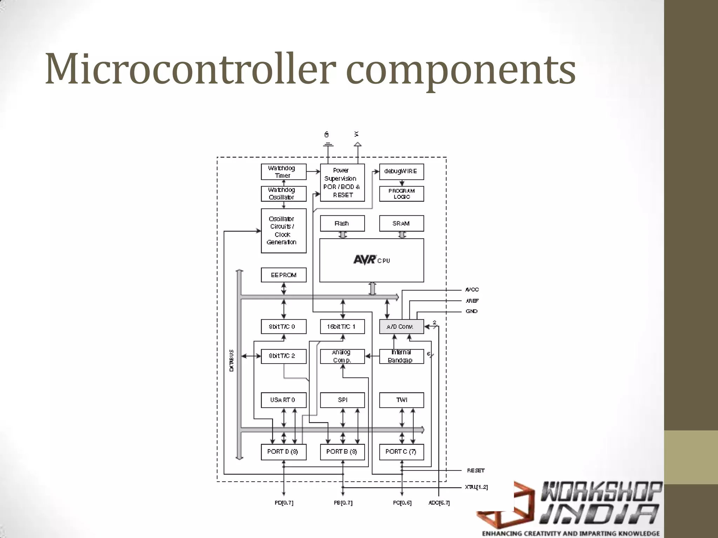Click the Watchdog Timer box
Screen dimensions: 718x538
[x=283, y=172]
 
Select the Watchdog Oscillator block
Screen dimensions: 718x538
[x=283, y=194]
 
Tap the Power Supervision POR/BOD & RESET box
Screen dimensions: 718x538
[x=342, y=182]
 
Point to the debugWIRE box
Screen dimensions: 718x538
[x=401, y=172]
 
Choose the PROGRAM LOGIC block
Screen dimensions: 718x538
[x=401, y=194]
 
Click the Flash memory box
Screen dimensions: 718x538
[x=342, y=223]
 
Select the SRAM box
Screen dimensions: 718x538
[x=401, y=223]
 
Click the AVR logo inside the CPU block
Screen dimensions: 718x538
[x=365, y=260]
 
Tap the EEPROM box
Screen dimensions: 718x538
[x=283, y=275]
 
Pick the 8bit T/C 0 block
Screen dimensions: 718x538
[x=283, y=326]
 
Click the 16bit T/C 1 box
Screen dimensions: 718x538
[x=342, y=326]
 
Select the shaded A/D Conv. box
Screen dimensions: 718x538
[x=401, y=326]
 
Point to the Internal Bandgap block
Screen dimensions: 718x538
[x=401, y=356]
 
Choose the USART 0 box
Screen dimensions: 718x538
[x=283, y=400]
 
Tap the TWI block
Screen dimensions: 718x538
[x=401, y=400]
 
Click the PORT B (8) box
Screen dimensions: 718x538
[x=342, y=452]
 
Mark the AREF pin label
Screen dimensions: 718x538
[x=472, y=301]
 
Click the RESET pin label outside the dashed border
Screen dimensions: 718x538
[x=475, y=470]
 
